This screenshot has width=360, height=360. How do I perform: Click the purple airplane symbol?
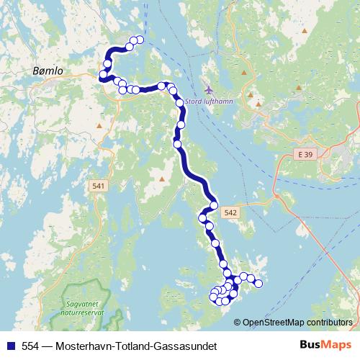click(209, 90)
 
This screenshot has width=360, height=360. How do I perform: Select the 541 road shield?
click(99, 187)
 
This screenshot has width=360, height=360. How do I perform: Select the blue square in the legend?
click(9, 346)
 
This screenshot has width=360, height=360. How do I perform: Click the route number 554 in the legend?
click(31, 346)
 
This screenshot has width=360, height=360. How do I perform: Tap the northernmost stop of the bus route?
click(139, 40)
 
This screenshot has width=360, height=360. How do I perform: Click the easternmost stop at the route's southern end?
click(258, 284)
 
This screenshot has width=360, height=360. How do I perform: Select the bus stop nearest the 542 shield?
click(214, 207)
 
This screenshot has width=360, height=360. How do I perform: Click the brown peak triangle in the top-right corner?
click(305, 31)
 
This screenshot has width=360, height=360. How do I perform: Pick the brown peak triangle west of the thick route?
click(163, 176)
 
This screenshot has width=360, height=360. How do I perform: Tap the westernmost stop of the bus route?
click(103, 74)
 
